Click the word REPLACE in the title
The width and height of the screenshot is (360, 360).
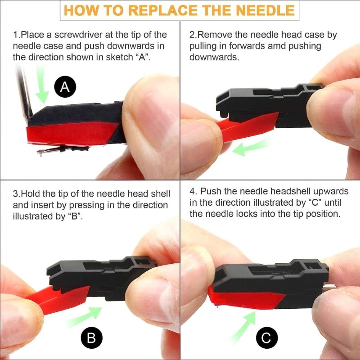(158, 10)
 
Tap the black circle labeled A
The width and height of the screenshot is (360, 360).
(65, 87)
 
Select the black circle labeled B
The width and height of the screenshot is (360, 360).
(91, 337)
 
